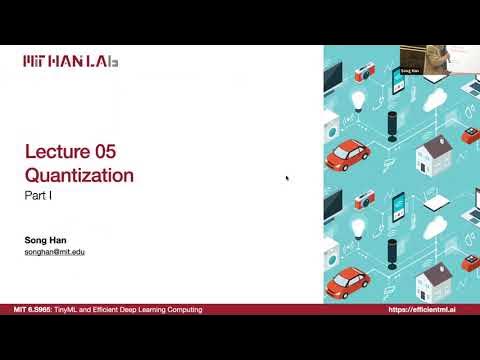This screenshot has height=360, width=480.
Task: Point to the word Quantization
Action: click(x=79, y=176)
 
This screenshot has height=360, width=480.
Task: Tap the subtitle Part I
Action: click(x=39, y=198)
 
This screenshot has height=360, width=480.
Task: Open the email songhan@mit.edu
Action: click(x=55, y=252)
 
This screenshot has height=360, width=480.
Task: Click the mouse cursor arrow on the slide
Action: click(x=287, y=179)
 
